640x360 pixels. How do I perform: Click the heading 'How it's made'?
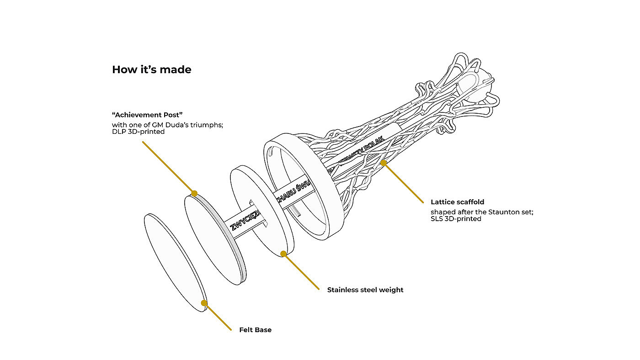tap(151, 70)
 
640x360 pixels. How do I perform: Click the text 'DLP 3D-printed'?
tap(138, 132)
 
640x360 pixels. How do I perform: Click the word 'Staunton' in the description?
tap(500, 212)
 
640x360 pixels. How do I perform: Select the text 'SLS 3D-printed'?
tap(456, 219)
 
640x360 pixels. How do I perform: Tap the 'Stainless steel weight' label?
tap(365, 290)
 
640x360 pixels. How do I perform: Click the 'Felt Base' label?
tap(255, 330)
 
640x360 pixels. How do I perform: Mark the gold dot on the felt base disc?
tap(204, 302)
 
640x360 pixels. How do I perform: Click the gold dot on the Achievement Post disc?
tap(194, 194)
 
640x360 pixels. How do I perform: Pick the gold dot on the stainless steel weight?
tap(283, 253)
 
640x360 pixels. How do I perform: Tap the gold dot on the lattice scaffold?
tap(384, 162)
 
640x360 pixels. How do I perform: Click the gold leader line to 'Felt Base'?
tap(219, 317)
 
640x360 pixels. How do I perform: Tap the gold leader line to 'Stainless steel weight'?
tap(302, 271)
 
